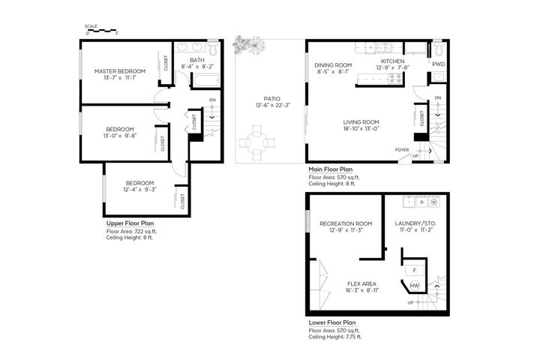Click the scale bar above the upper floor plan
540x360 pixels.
tap(102, 31)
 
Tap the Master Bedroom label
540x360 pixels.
tap(120, 71)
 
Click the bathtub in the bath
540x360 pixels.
tap(206, 81)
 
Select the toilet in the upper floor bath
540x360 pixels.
tap(213, 47)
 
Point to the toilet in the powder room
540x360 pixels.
tap(438, 48)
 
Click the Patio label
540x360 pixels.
tap(272, 99)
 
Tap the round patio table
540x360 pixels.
tap(257, 142)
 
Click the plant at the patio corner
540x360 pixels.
tap(249, 45)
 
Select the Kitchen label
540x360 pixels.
tap(392, 61)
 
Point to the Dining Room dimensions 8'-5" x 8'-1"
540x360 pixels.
tap(333, 72)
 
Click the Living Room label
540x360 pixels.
tap(361, 122)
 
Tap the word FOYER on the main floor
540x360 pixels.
tap(402, 150)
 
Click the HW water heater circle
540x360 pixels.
tap(414, 286)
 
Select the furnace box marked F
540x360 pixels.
tap(415, 271)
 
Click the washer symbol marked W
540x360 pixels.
tap(434, 202)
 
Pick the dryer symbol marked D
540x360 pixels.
tap(421, 202)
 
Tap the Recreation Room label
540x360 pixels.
tap(346, 223)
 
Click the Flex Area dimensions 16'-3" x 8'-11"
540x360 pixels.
tap(362, 290)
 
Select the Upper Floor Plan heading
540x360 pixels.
tap(130, 223)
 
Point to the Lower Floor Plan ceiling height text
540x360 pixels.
tap(335, 337)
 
